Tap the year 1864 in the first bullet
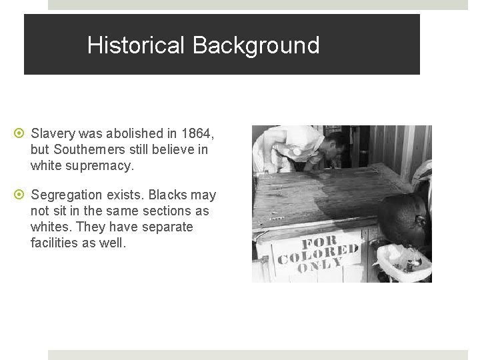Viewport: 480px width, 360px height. click(x=197, y=134)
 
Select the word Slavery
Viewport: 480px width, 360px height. click(x=55, y=134)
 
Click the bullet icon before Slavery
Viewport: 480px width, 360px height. click(x=21, y=134)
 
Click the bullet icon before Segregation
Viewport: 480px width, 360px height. click(x=21, y=195)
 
